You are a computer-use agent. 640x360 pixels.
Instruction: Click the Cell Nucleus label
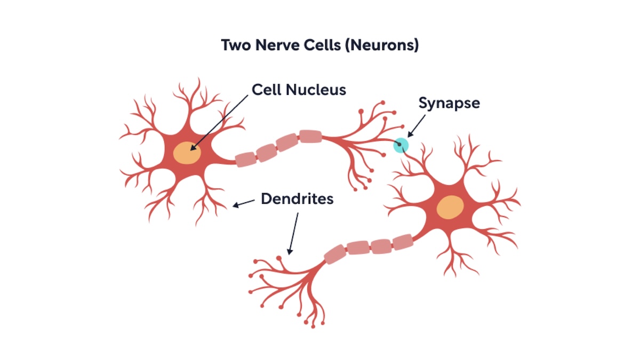(x=299, y=89)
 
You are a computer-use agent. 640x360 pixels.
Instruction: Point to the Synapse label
(x=449, y=103)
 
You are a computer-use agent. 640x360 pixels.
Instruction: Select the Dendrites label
(x=297, y=199)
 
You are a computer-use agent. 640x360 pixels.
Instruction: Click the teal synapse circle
(x=401, y=145)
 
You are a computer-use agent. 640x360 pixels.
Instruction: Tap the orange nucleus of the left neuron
(x=187, y=153)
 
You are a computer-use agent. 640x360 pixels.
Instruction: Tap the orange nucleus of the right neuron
(x=450, y=207)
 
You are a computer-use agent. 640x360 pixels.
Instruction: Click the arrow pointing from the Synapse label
(x=416, y=126)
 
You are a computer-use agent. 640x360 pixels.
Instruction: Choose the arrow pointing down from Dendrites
(x=293, y=233)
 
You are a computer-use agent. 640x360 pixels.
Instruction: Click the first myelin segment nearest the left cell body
(x=246, y=158)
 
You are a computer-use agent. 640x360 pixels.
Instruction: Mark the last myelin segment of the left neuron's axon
(x=310, y=136)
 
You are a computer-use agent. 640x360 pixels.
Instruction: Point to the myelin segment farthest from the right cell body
(x=334, y=254)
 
